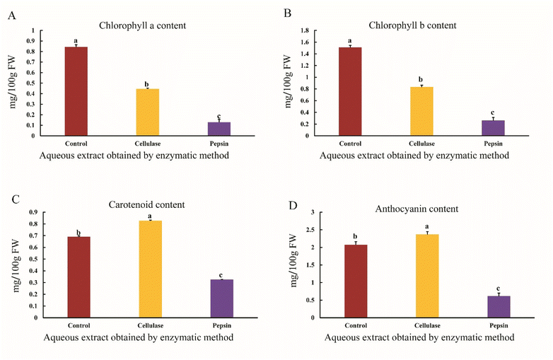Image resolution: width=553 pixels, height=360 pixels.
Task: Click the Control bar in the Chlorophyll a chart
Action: [x=76, y=91]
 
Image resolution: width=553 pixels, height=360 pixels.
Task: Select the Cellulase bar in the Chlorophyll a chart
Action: [x=147, y=112]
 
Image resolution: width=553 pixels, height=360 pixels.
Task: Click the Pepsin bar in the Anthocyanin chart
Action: [x=499, y=306]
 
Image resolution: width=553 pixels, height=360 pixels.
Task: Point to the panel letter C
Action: [x=15, y=198]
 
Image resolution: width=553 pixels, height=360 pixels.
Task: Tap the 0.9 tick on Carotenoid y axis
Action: [x=33, y=212]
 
